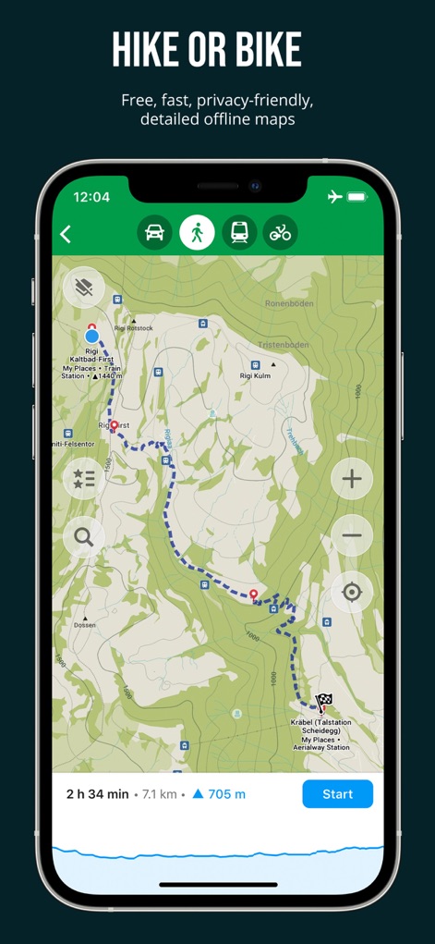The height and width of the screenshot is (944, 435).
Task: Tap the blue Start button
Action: coord(337,793)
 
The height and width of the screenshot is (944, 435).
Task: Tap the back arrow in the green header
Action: coord(66,234)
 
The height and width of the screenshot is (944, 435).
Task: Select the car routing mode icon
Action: coord(154,233)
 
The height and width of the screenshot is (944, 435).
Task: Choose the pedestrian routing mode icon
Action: coord(197,233)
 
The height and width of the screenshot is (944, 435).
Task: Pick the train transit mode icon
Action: coord(239,233)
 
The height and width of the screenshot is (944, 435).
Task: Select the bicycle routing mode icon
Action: coord(280,233)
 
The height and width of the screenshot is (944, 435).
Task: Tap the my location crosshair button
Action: coord(352,592)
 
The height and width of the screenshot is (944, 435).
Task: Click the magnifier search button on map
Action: coord(84,536)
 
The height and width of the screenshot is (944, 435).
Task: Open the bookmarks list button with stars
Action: coord(84,479)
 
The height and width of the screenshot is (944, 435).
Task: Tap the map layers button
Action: coord(84,288)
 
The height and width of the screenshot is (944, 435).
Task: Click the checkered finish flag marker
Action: coord(324,702)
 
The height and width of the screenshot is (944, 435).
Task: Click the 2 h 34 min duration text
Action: coord(97,793)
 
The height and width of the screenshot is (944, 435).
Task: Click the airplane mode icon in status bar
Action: coord(334,197)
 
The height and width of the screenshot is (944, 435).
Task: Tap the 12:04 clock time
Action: coord(91,197)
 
